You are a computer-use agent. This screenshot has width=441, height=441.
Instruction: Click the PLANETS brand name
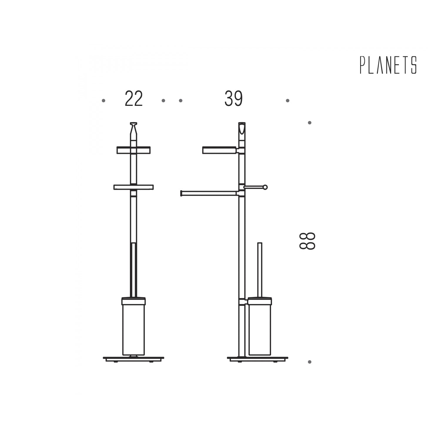tap(388, 65)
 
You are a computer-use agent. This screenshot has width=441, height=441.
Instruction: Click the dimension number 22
tap(134, 99)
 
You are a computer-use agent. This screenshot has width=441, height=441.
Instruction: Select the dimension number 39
tap(234, 99)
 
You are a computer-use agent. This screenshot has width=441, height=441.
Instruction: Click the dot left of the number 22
tap(103, 101)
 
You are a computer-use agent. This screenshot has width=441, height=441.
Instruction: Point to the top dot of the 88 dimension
tap(310, 123)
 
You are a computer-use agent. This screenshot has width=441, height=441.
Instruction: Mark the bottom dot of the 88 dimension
tap(310, 362)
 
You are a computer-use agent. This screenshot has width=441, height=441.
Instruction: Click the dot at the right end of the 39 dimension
tap(288, 101)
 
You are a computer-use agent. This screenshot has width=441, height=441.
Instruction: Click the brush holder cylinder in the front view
tap(133, 326)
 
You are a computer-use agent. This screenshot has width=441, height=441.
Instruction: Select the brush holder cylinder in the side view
tap(260, 326)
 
